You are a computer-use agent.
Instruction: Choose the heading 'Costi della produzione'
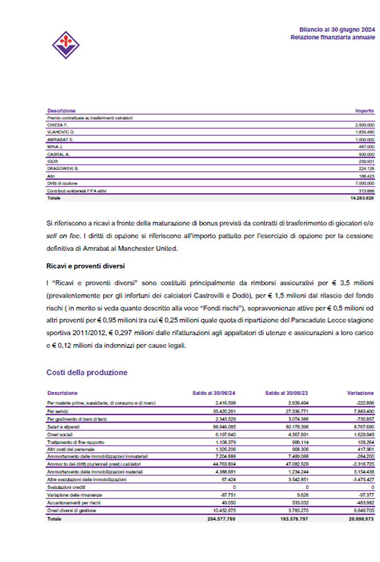86,373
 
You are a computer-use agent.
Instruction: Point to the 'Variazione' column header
360,393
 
